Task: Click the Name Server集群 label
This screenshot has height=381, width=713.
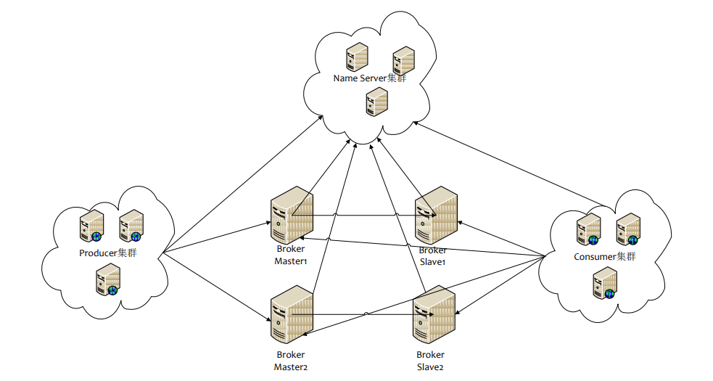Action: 370,78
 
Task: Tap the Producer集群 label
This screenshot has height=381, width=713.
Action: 108,253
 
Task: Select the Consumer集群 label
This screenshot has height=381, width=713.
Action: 605,257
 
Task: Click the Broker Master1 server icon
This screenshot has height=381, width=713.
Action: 292,215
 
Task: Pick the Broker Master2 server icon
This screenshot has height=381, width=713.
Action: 292,314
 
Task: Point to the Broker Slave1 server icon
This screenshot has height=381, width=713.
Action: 436,215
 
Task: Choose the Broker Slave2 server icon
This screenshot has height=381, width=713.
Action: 434,314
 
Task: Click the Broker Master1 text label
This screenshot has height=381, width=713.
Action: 291,255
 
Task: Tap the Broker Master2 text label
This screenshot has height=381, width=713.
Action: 291,361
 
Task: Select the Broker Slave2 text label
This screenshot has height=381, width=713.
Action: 430,361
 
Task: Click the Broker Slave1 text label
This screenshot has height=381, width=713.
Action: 432,256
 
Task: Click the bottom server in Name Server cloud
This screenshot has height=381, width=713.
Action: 377,102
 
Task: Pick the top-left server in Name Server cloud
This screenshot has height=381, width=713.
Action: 357,57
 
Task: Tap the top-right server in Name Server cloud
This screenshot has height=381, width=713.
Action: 404,60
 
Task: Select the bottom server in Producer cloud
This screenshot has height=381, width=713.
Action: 108,279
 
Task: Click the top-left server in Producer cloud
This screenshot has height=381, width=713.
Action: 92,225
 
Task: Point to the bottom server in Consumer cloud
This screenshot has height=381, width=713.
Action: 605,283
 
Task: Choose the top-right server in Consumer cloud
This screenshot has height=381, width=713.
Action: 629,229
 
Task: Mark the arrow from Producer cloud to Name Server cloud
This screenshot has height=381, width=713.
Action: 242,184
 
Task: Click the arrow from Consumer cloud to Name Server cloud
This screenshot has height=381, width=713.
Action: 509,164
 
